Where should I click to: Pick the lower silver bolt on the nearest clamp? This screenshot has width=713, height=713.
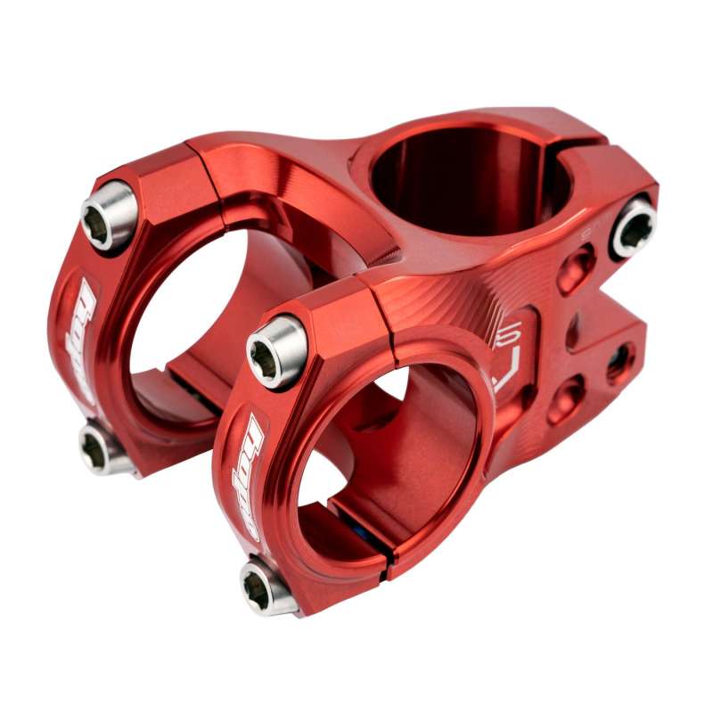266,586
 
